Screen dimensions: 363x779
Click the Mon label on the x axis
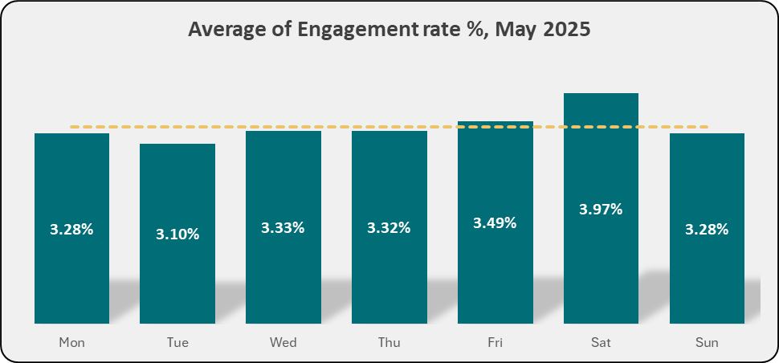71,343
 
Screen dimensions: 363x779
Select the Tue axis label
177,343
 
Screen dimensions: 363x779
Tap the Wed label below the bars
283,343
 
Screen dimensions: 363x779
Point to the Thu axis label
389,343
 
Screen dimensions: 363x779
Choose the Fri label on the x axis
495,343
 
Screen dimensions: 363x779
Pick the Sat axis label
601,343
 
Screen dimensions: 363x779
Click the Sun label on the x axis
707,343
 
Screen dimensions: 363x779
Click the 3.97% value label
601,210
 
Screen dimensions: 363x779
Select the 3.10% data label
177,235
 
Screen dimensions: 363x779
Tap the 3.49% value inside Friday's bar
495,222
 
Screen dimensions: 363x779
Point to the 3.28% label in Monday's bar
71,230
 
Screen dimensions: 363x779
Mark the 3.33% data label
283,227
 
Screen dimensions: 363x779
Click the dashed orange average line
321,127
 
